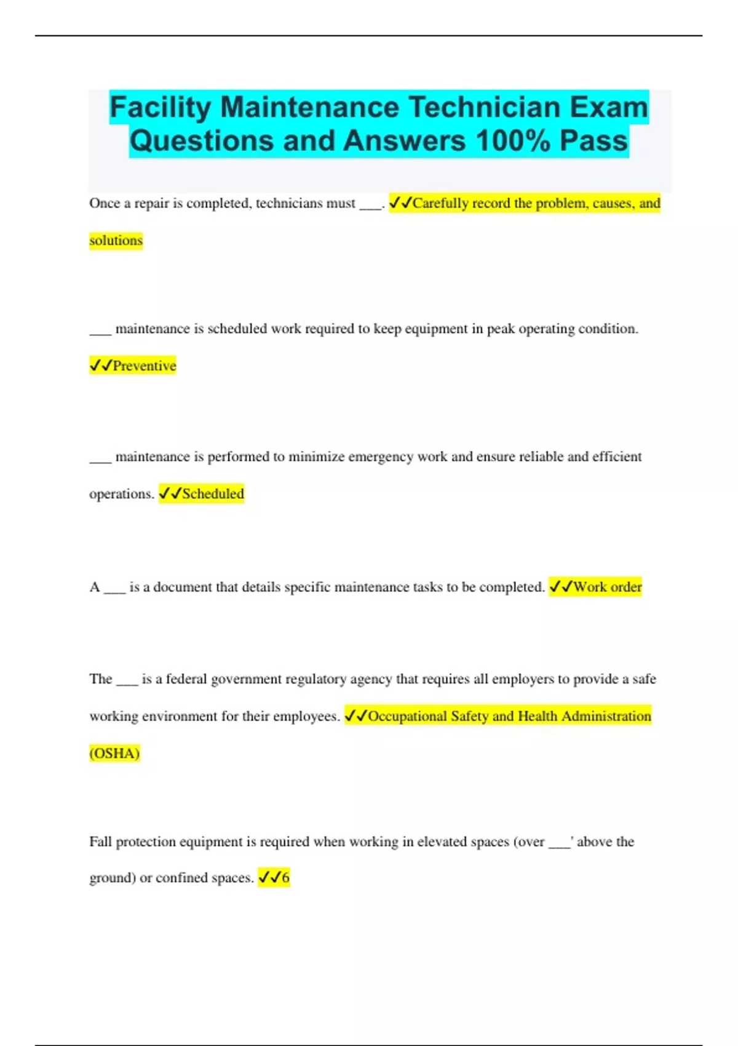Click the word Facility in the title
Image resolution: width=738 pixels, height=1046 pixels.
coord(161,108)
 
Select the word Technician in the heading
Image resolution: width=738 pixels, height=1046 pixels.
coord(484,108)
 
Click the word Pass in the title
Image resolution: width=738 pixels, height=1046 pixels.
coord(593,141)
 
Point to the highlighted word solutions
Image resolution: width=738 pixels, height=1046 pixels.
coord(116,241)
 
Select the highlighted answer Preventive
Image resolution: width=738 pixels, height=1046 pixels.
coord(144,366)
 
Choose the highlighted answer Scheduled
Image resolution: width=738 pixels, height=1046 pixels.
coord(213,494)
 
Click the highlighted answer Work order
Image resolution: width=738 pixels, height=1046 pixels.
coord(607,587)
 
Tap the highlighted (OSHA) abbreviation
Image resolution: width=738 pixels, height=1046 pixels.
coord(115,753)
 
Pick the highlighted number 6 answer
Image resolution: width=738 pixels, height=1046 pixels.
coord(285,878)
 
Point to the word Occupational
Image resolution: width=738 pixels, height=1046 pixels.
coord(407,716)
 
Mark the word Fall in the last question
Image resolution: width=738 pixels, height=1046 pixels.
coord(100,842)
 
